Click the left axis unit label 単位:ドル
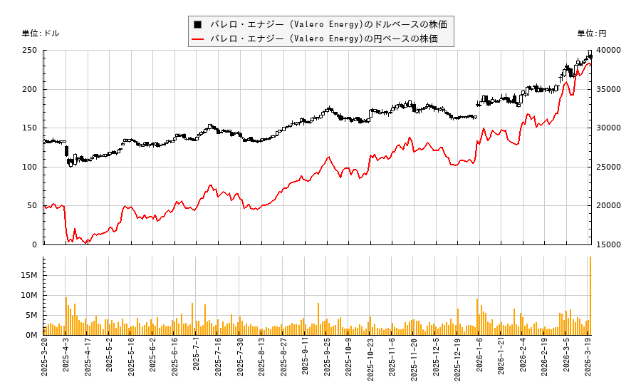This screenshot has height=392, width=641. pos(41,33)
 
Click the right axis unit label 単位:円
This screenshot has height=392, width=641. pos(591,33)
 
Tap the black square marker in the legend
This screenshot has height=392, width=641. pos(197,24)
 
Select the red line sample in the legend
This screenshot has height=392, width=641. pos(197,38)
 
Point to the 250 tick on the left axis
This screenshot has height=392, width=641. pos(30,51)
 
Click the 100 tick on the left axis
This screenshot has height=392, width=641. pos(30,167)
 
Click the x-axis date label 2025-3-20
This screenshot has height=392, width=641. pos(44,363)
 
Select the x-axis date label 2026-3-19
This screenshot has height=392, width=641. pos(590,363)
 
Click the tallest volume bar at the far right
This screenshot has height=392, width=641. pos(590,296)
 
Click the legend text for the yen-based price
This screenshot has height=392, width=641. pos(328,38)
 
